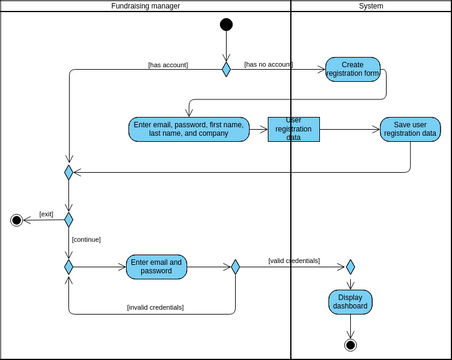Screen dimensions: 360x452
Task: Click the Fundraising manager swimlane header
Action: (145, 6)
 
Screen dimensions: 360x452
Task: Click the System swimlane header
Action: (370, 6)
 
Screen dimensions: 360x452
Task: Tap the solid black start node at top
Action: (226, 25)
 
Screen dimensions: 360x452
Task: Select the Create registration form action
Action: (352, 69)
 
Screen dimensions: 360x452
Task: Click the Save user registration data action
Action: (410, 129)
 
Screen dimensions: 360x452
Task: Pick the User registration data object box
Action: (293, 129)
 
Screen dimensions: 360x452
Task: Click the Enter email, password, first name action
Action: (188, 129)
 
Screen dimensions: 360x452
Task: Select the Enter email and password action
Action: (156, 267)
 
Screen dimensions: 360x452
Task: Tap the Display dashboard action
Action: (350, 301)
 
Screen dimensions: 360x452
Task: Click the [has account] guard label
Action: (167, 65)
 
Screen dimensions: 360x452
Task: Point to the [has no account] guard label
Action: (268, 64)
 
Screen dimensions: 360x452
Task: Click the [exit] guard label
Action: (46, 213)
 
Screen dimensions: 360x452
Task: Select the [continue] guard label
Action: (86, 239)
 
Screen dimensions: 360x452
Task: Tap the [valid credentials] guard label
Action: (293, 260)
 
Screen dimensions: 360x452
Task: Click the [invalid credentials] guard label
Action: (154, 307)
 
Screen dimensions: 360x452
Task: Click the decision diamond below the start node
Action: (226, 69)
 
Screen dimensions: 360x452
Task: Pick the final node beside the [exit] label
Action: (16, 220)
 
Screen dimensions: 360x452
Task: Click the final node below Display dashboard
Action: (350, 345)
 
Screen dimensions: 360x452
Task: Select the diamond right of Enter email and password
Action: (235, 267)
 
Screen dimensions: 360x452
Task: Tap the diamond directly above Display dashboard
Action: (350, 267)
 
